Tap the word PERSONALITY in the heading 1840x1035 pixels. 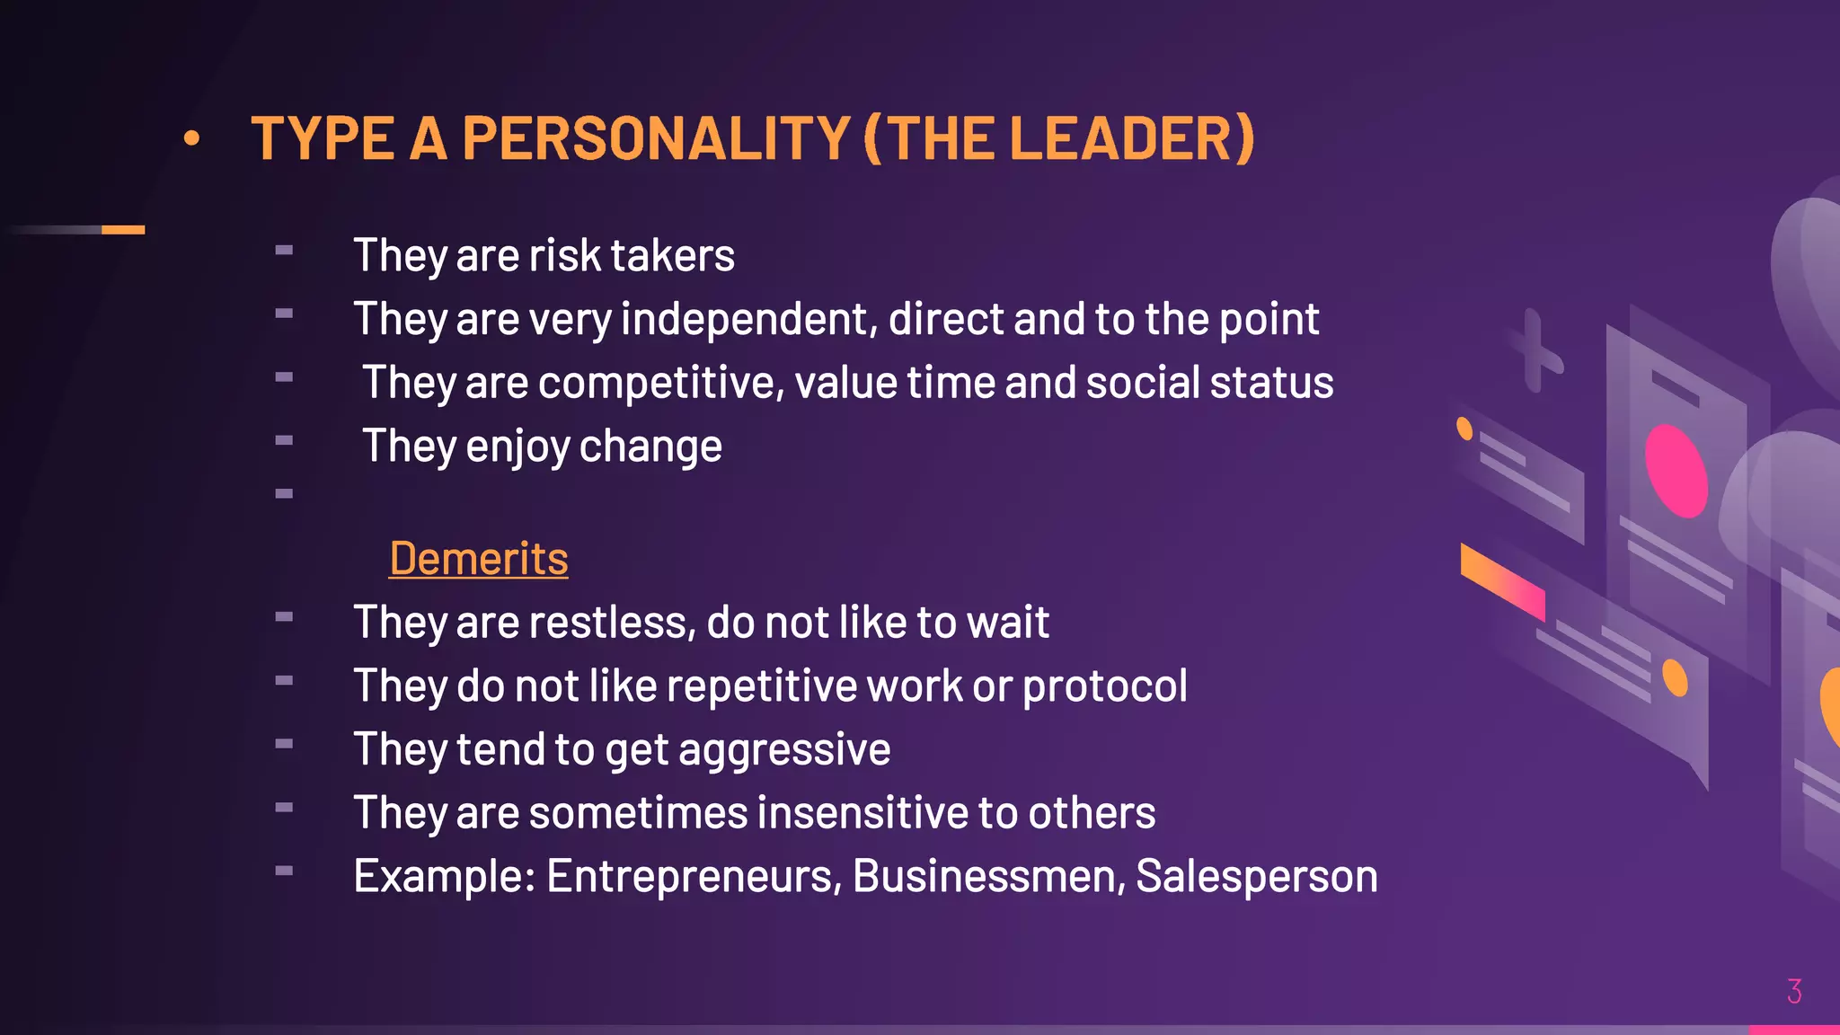tap(656, 138)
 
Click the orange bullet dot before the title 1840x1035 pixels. tap(191, 138)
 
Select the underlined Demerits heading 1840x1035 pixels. tap(479, 559)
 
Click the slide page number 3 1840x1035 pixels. tap(1794, 991)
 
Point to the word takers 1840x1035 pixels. tap(672, 255)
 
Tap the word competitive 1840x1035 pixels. tap(661, 383)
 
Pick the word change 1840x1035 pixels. tap(650, 447)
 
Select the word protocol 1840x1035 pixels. tap(1104, 686)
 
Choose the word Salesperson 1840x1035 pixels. tap(1256, 876)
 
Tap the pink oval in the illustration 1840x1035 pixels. tap(1676, 471)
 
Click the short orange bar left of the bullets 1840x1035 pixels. tap(123, 230)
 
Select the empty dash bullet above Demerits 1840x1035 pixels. tap(284, 493)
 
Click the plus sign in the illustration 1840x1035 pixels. tap(1535, 351)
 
